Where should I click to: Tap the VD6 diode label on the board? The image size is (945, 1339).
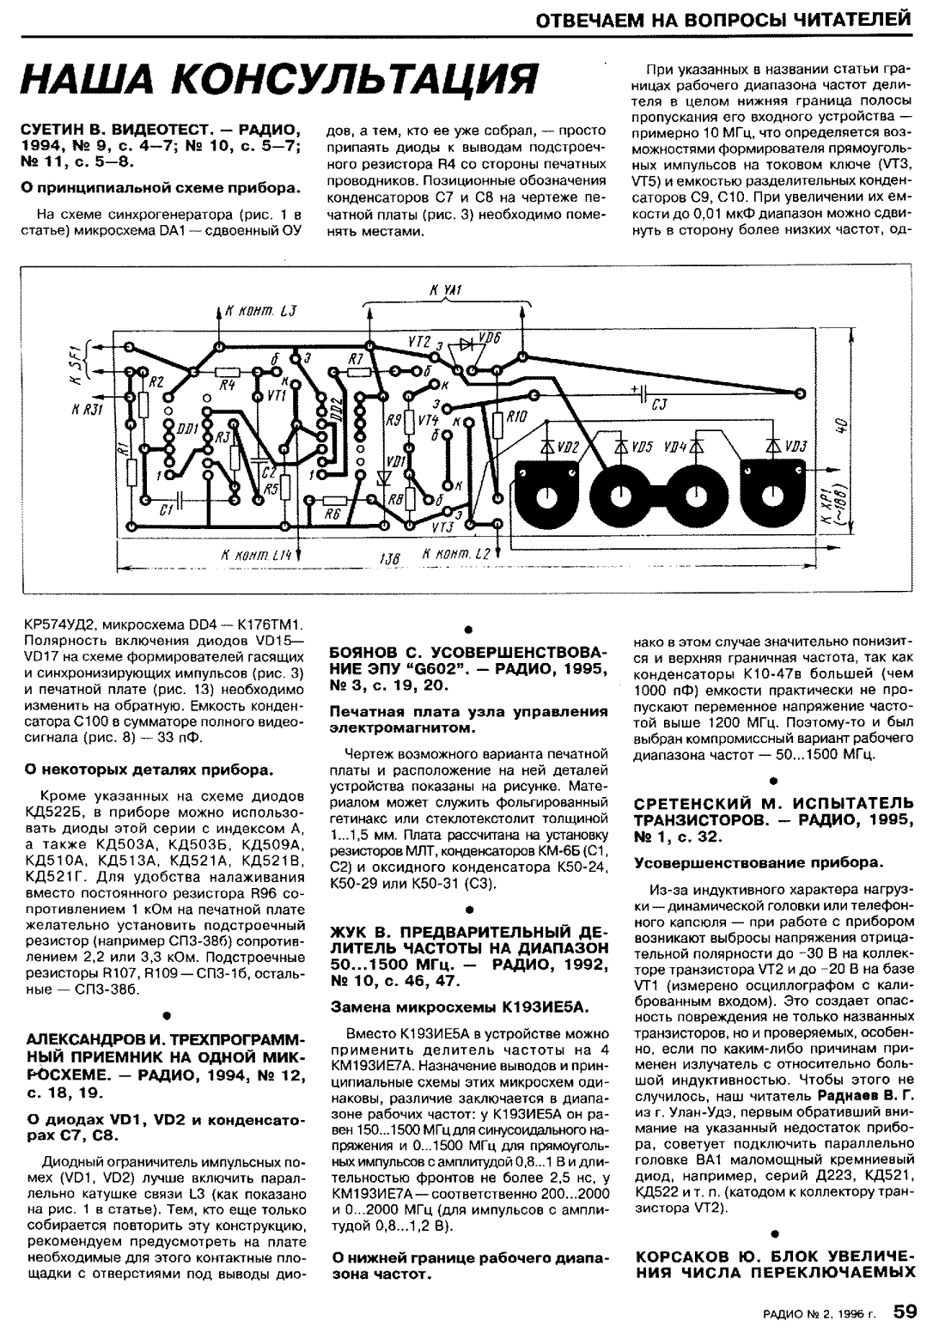(x=491, y=338)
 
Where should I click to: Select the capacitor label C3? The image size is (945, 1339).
(x=660, y=407)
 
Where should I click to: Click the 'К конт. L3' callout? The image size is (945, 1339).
(x=261, y=313)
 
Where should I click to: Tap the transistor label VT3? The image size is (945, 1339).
(x=442, y=526)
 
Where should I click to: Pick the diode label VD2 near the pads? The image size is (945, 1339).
(x=570, y=447)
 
